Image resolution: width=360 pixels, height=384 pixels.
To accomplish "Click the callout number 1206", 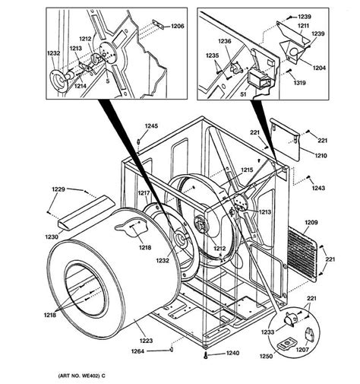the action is tap(178, 26).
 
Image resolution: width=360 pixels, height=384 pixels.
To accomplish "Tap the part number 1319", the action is tap(300, 83).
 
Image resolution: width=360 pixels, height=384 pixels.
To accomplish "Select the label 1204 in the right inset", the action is tap(319, 68).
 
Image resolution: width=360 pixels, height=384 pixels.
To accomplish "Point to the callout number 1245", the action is tap(151, 125).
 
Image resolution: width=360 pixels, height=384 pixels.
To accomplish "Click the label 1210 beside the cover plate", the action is tap(321, 155).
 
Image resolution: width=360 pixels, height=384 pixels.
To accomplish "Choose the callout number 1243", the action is tap(318, 188).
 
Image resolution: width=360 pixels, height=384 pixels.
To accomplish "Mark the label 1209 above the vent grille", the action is tap(311, 222).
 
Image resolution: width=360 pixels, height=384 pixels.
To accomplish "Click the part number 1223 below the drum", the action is tap(146, 341).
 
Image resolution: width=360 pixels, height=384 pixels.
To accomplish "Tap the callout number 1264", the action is tap(137, 351).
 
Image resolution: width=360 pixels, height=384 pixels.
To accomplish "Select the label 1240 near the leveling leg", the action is tap(232, 353).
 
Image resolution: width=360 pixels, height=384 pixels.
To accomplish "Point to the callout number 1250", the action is tap(266, 356).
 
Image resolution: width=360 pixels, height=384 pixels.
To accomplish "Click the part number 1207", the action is tap(302, 350).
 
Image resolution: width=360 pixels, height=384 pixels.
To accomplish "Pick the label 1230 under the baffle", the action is tap(52, 236).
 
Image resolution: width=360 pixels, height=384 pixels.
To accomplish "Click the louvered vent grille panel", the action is tap(302, 255).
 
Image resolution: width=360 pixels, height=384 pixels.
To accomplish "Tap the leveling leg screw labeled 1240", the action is tap(206, 355).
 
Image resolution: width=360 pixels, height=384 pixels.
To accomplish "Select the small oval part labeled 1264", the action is tap(172, 350).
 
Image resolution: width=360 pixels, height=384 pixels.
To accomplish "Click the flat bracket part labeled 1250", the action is tap(286, 344).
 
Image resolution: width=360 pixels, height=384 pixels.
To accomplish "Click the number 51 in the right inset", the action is tap(243, 94).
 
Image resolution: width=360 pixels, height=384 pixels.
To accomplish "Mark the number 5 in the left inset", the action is tap(108, 81).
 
